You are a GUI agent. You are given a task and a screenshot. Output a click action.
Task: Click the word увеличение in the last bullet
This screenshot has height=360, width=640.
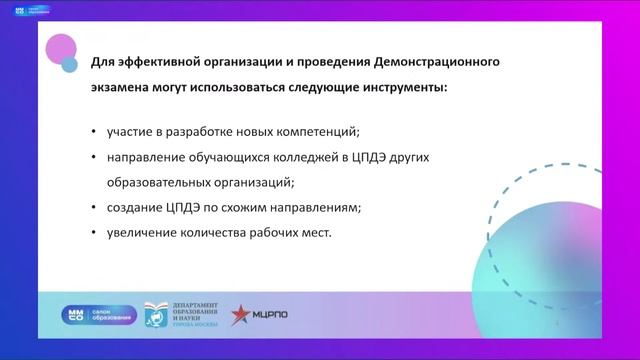click(x=139, y=233)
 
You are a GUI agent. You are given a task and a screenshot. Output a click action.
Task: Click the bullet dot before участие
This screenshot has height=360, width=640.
click(x=93, y=133)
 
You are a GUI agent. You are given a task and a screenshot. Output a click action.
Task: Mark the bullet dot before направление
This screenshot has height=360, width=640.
click(x=93, y=158)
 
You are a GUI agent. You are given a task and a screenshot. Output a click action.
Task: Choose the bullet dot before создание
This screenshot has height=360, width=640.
click(x=93, y=208)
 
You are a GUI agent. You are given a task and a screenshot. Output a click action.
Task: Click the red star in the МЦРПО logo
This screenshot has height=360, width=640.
click(x=241, y=315)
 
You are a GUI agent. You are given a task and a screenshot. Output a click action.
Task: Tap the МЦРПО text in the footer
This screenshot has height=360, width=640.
click(x=270, y=316)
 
